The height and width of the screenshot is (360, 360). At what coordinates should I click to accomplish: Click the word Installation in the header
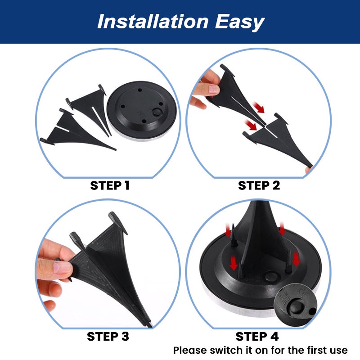pos(153,21)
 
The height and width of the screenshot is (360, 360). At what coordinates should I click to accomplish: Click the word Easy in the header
pos(239,22)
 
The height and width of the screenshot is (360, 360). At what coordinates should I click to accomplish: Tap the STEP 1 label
pos(110,185)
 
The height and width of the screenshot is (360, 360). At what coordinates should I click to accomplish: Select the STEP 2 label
pos(259,185)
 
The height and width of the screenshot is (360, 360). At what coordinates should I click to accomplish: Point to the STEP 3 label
pos(108,336)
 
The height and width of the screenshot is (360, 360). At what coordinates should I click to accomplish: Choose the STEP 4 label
pos(257,336)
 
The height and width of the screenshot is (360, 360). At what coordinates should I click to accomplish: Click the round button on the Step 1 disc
pos(157,112)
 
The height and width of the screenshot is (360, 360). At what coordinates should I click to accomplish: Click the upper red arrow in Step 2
pos(259,108)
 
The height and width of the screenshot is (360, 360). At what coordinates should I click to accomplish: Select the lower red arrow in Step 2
pos(251,125)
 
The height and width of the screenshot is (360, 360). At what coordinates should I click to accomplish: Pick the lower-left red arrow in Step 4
pos(234,263)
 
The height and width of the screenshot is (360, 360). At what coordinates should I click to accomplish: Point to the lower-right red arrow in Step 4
pos(296,259)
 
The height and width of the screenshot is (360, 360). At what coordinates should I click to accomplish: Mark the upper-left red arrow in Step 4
pos(228,230)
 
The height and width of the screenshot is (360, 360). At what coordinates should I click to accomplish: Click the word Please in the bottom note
pos(190,351)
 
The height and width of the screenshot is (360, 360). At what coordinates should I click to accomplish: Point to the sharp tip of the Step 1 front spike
pos(116,150)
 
